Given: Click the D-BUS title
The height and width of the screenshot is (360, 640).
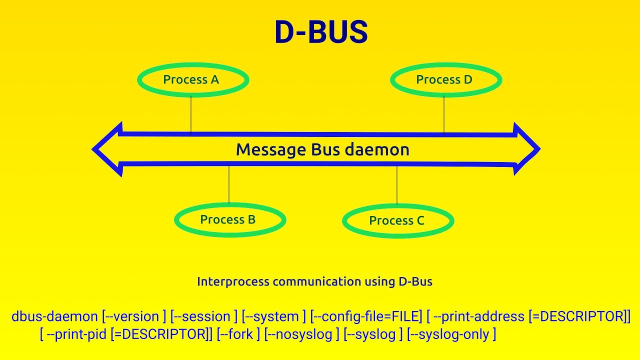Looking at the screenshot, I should [321, 33].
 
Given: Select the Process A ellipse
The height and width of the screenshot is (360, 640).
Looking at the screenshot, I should [192, 80].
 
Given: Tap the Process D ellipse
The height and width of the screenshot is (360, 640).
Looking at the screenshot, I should [445, 80].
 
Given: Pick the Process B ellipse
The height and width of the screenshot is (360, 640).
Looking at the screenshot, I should [229, 220].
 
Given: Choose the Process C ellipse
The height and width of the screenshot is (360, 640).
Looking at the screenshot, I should [397, 221].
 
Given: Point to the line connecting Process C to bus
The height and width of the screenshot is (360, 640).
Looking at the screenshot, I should [397, 185].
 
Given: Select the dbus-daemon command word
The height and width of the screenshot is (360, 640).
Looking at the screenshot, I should [54, 316].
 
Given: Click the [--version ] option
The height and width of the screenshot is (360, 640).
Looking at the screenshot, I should [134, 316].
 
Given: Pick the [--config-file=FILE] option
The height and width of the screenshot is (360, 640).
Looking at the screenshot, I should [366, 316].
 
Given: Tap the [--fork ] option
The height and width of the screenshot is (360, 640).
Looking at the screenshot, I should [238, 334].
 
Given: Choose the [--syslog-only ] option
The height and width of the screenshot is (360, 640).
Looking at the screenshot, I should [451, 334].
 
